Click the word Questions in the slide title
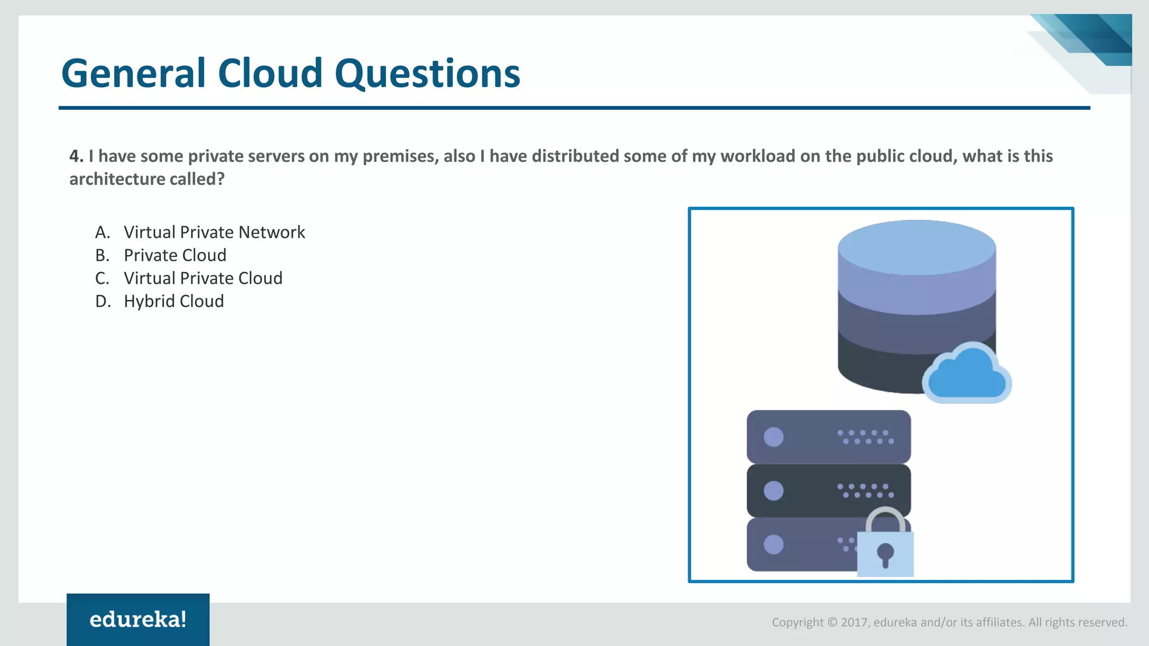(x=428, y=73)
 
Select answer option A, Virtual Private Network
(x=214, y=232)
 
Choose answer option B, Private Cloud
(x=175, y=255)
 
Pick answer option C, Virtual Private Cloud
(x=203, y=278)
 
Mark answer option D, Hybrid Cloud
(x=173, y=301)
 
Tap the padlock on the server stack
(x=885, y=547)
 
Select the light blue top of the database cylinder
(x=917, y=247)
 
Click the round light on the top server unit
(x=774, y=437)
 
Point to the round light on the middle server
(x=774, y=491)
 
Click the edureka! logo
(x=138, y=620)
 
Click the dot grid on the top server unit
(x=865, y=437)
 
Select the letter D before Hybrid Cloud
(x=102, y=301)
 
